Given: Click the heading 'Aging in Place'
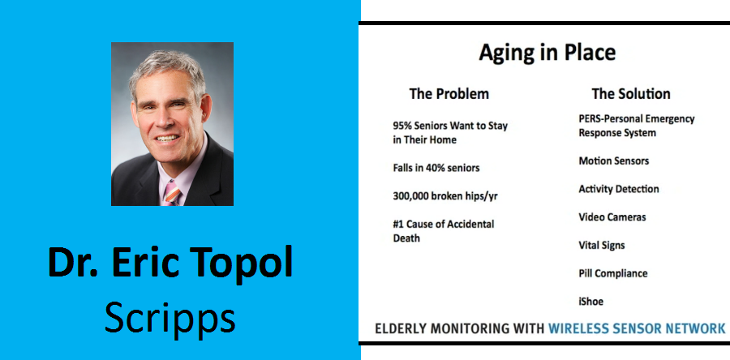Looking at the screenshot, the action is (x=547, y=53).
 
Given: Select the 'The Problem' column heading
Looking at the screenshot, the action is (x=449, y=94).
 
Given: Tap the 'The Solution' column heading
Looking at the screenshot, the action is (x=631, y=94).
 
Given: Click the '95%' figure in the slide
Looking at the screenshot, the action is (x=402, y=126).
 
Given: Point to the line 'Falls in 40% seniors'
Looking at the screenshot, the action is (x=436, y=168).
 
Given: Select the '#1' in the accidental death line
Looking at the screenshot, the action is (x=398, y=224).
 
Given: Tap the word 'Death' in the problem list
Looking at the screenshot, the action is (x=406, y=238).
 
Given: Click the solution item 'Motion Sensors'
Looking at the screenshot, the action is (x=614, y=161).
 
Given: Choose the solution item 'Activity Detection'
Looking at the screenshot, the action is (x=619, y=189).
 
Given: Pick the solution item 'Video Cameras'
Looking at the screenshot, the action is (x=612, y=217).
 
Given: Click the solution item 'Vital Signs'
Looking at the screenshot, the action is (x=602, y=246).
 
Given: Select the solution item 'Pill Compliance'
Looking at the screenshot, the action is (x=612, y=273).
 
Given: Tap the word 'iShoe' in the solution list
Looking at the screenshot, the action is (x=590, y=302).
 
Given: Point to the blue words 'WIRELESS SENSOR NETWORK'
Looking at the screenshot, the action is (x=637, y=328).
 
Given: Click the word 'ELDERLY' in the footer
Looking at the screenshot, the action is (x=398, y=328).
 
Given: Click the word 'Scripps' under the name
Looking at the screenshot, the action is (x=170, y=319).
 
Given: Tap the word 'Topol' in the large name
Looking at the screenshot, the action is (x=243, y=264).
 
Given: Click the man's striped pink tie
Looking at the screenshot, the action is (x=170, y=193).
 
